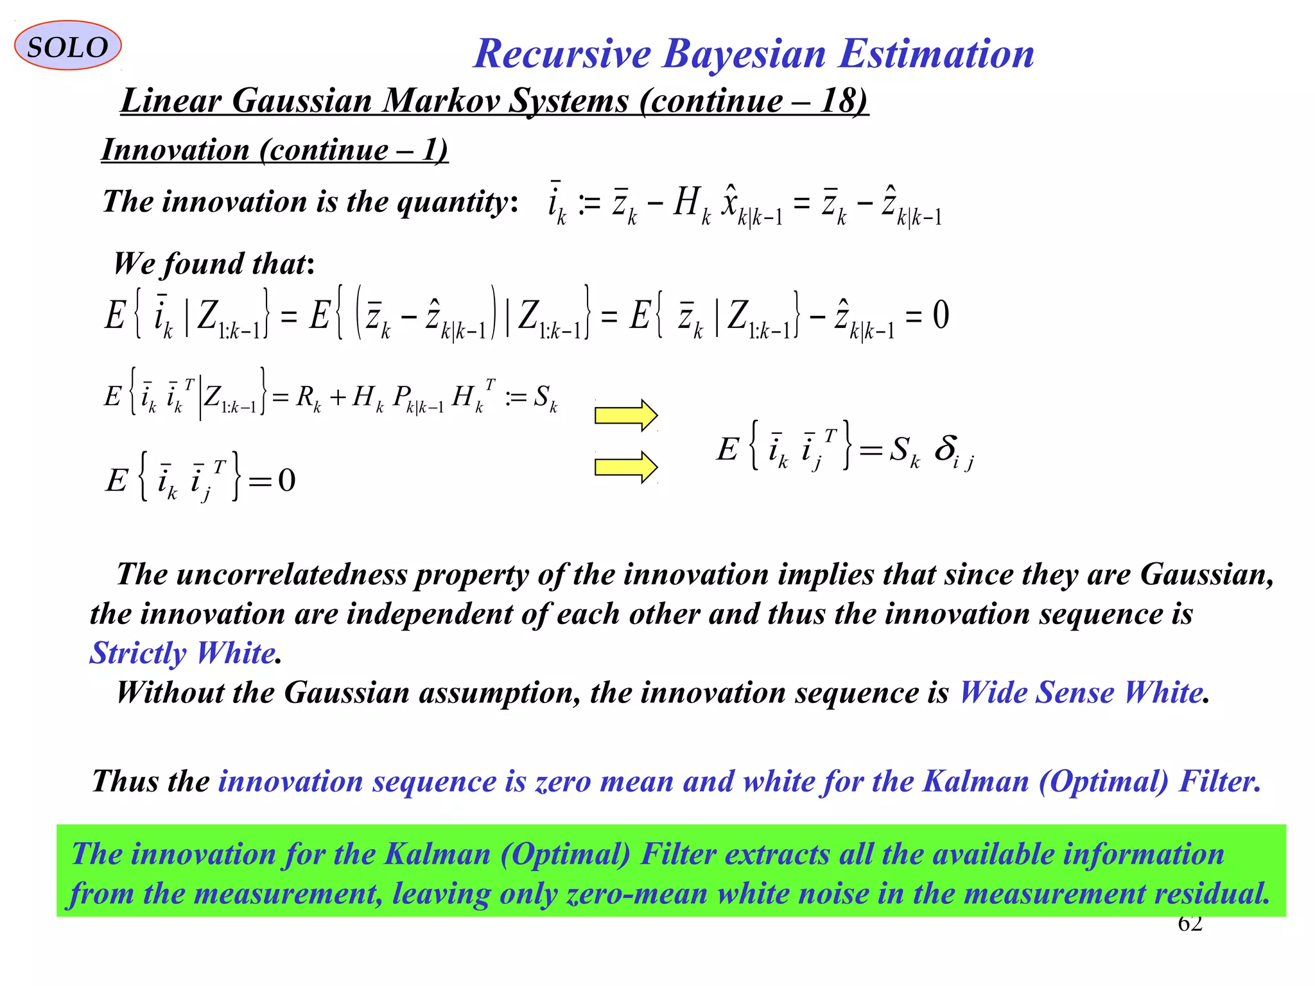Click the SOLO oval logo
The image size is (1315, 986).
tap(67, 46)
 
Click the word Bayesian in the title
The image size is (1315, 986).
tap(744, 53)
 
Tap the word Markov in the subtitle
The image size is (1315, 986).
tap(441, 101)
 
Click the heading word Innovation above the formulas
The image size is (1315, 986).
tap(175, 150)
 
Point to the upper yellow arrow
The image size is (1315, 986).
tap(625, 415)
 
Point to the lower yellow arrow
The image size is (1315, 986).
tap(625, 467)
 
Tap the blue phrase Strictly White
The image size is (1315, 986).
tap(183, 653)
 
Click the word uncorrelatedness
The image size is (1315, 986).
tap(292, 575)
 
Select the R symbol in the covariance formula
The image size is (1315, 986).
tap(305, 397)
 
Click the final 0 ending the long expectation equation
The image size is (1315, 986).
tap(941, 315)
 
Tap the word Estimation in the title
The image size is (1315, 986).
tap(936, 53)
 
